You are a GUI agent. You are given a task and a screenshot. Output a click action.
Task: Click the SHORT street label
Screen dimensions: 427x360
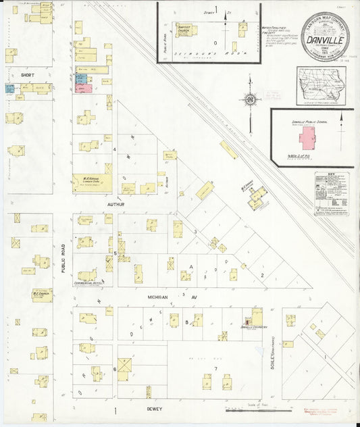[x=27, y=75]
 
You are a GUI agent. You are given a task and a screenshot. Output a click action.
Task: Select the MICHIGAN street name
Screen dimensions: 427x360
[x=157, y=297]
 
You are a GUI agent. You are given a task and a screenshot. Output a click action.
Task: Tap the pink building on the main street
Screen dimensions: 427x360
[x=84, y=88]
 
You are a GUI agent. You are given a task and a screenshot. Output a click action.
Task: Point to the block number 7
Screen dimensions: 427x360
[x=215, y=368]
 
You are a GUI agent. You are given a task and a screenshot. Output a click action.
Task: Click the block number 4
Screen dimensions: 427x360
[x=115, y=149]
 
